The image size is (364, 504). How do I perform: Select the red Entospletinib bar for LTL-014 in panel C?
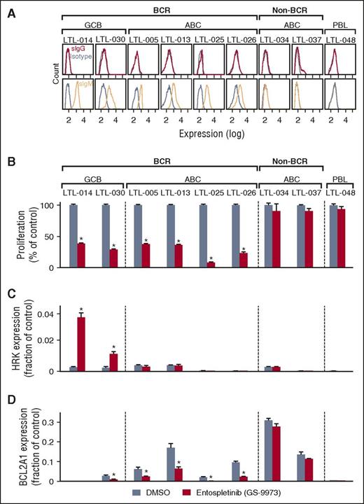[x=81, y=343]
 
